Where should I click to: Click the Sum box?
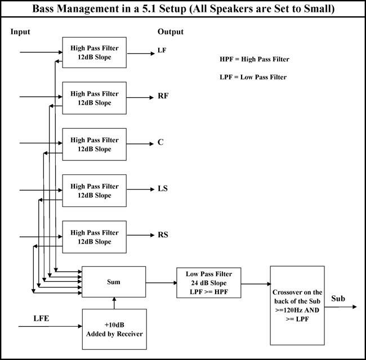click(114, 282)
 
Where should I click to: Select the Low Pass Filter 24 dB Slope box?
click(209, 282)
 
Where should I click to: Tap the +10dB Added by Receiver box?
click(114, 329)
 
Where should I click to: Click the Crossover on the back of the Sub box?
click(297, 305)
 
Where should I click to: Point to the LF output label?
click(162, 50)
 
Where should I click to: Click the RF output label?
click(163, 96)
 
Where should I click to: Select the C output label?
click(160, 142)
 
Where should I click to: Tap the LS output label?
click(163, 188)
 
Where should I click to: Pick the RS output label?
click(163, 235)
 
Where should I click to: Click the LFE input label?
click(41, 318)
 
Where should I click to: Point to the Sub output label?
click(338, 299)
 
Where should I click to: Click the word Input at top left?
click(20, 31)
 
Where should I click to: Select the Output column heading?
click(171, 31)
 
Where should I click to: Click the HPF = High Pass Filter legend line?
click(255, 59)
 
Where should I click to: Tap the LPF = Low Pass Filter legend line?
click(253, 77)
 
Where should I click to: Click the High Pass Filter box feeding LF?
click(94, 52)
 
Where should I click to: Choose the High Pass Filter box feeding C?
click(94, 145)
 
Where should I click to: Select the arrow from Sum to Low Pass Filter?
click(161, 283)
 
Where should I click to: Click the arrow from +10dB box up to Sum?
click(114, 303)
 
